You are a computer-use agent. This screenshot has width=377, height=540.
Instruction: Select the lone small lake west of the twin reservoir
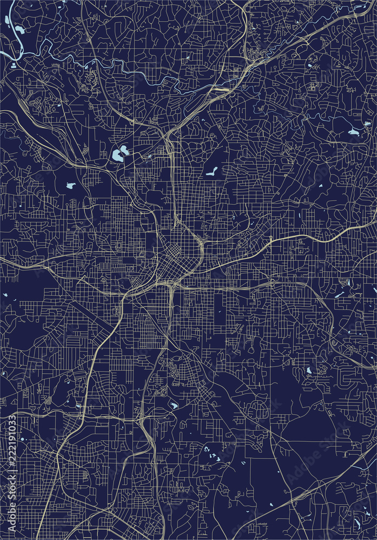point(71,185)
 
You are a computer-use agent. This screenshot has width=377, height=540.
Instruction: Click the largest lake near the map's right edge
point(353,131)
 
